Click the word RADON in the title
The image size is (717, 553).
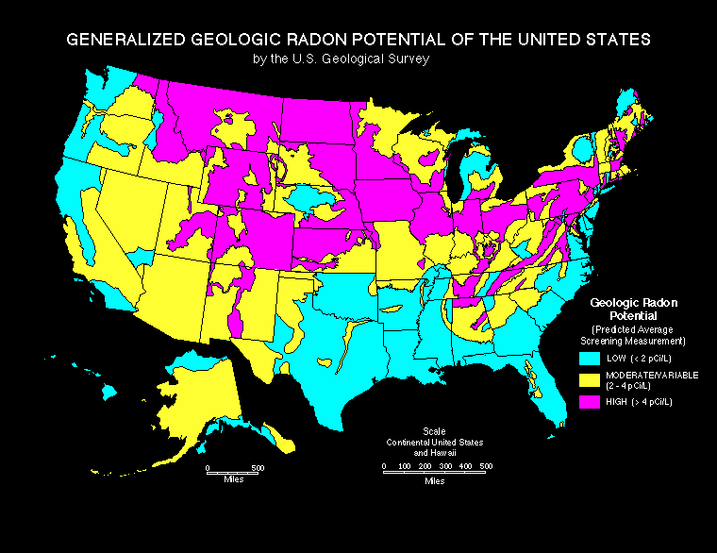pyautogui.click(x=333, y=41)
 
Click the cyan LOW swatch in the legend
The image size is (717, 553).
pyautogui.click(x=589, y=358)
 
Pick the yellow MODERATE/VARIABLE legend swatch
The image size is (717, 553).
pyautogui.click(x=589, y=379)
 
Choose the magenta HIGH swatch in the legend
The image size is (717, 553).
pyautogui.click(x=589, y=402)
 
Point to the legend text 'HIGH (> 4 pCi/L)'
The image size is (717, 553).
pyautogui.click(x=638, y=402)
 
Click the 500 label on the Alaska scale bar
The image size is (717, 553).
pyautogui.click(x=258, y=467)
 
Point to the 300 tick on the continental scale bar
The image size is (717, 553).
pyautogui.click(x=445, y=466)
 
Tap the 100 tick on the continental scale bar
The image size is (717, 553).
pyautogui.click(x=404, y=466)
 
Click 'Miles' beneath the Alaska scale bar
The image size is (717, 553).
pyautogui.click(x=235, y=479)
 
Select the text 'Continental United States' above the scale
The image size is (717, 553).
pyautogui.click(x=434, y=442)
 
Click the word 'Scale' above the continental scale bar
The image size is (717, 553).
pyautogui.click(x=435, y=431)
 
